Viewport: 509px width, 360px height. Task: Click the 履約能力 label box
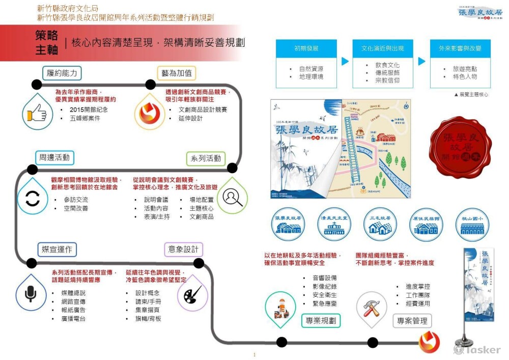[x=62, y=73]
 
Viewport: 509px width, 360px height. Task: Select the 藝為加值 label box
[x=177, y=73]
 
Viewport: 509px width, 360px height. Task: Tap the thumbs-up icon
[x=37, y=113]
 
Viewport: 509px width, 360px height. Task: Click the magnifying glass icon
[x=232, y=196]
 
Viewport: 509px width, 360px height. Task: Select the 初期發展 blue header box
[x=306, y=48]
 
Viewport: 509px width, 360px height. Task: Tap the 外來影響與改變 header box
[x=460, y=48]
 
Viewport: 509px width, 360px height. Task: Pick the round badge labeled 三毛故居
[x=380, y=224]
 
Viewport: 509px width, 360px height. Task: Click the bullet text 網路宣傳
[x=75, y=301]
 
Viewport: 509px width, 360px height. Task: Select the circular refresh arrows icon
[x=32, y=198]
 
